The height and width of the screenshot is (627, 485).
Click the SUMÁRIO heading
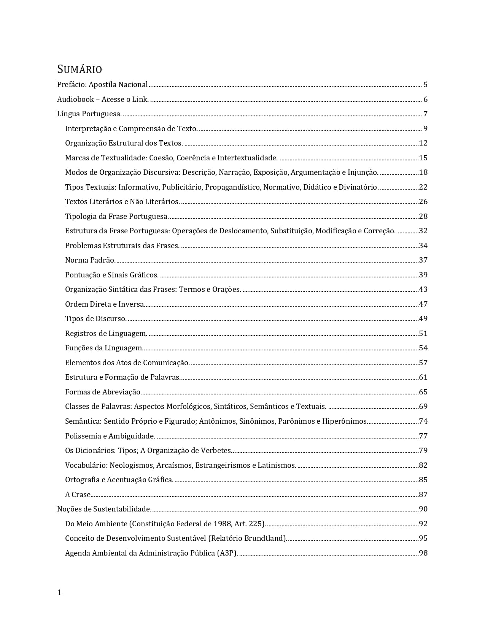click(x=80, y=69)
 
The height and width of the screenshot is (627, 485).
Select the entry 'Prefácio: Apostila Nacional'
click(x=102, y=85)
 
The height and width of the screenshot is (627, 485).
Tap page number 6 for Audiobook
click(x=425, y=100)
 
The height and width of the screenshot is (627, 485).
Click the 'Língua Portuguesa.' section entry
click(x=89, y=114)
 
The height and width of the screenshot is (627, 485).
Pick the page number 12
click(x=423, y=143)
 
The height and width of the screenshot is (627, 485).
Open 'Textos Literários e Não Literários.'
click(x=122, y=202)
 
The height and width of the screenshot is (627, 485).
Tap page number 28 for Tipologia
click(x=423, y=217)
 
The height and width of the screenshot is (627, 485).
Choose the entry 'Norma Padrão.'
click(x=90, y=260)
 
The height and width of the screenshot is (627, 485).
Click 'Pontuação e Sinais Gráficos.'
click(x=112, y=275)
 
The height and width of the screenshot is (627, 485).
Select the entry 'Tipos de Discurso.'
click(x=96, y=319)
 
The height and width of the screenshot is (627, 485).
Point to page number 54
click(x=423, y=348)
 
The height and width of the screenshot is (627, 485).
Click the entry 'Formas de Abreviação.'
click(x=103, y=392)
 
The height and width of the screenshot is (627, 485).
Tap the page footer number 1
click(x=59, y=592)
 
